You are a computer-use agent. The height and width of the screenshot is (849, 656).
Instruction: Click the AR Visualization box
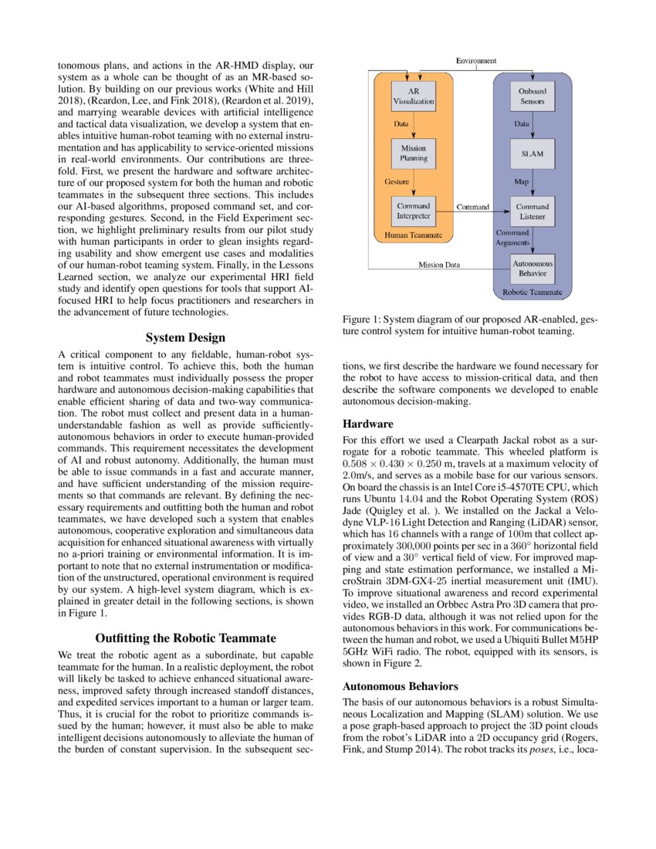click(x=414, y=96)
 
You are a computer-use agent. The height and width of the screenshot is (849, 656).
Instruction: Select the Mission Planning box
click(x=414, y=153)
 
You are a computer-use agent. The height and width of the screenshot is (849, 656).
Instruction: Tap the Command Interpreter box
click(x=414, y=211)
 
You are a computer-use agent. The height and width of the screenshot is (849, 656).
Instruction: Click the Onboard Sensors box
click(x=533, y=96)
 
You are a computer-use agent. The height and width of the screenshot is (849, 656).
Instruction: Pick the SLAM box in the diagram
click(x=533, y=154)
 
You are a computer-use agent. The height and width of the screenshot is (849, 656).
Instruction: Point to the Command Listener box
click(x=533, y=211)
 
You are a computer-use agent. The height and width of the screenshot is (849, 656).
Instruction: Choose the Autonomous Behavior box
click(x=533, y=269)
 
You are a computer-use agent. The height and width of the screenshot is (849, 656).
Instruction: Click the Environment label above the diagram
click(x=476, y=60)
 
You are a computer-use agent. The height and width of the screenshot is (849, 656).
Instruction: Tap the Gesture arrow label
click(x=397, y=182)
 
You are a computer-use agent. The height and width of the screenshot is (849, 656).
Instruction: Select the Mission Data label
click(x=439, y=265)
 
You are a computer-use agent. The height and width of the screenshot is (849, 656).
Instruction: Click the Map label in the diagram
click(x=522, y=182)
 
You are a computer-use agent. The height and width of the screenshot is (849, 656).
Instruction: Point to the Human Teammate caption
click(x=407, y=233)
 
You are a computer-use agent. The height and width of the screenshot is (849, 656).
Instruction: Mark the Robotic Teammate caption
click(x=532, y=293)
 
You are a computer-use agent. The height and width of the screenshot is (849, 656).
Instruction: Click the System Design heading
click(x=185, y=337)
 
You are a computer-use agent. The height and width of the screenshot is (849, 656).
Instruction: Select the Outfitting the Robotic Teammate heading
click(x=185, y=638)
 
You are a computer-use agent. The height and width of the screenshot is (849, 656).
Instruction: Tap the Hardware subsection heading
click(x=367, y=424)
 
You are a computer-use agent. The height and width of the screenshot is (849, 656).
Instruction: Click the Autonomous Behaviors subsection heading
click(x=401, y=685)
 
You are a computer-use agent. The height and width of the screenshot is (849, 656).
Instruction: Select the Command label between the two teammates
click(x=472, y=207)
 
